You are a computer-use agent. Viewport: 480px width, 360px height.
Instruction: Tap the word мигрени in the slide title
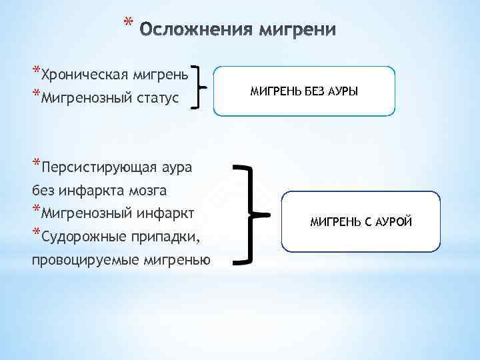point(298,30)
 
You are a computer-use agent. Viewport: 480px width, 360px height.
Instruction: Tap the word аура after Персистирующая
point(176,167)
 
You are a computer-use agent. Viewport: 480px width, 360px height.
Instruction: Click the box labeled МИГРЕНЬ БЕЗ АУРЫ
point(304,91)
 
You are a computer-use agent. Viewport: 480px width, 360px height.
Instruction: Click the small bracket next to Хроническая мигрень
point(198,86)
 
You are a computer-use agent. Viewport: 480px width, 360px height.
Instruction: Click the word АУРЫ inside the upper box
point(341,91)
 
